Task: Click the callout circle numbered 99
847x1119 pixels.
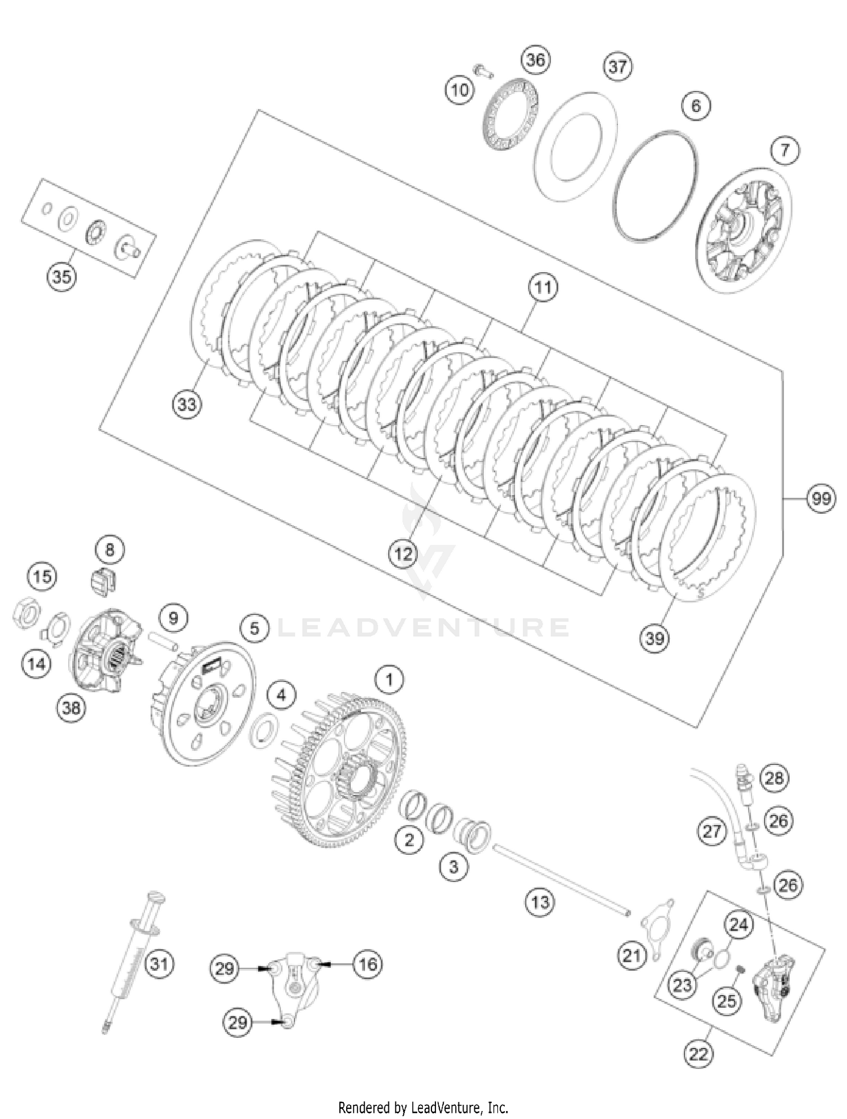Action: pos(820,499)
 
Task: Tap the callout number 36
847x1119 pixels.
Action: pos(535,60)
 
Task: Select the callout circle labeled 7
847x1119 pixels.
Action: pos(785,151)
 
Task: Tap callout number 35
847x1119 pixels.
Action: pos(62,277)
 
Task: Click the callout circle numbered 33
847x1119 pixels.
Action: pos(187,404)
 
